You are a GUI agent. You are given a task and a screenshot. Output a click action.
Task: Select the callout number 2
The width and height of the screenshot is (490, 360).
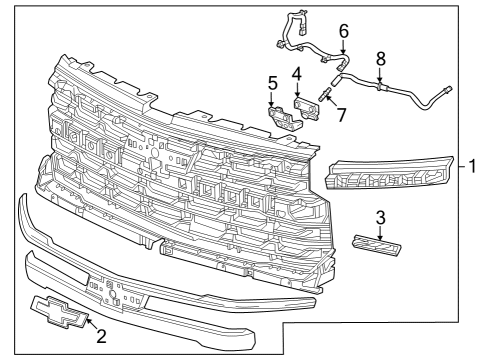(x=101, y=337)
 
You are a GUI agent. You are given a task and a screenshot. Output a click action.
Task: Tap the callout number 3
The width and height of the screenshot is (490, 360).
(x=380, y=217)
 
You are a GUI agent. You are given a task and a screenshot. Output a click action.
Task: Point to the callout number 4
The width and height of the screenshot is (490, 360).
(x=297, y=74)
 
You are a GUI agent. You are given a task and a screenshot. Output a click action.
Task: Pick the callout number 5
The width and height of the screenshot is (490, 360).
(x=271, y=82)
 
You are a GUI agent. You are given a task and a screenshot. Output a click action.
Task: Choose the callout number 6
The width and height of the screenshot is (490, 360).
(x=343, y=31)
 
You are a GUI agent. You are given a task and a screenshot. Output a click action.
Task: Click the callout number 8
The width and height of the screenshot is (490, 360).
(x=380, y=58)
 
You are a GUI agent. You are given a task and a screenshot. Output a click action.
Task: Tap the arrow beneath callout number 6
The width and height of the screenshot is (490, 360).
(x=343, y=46)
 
